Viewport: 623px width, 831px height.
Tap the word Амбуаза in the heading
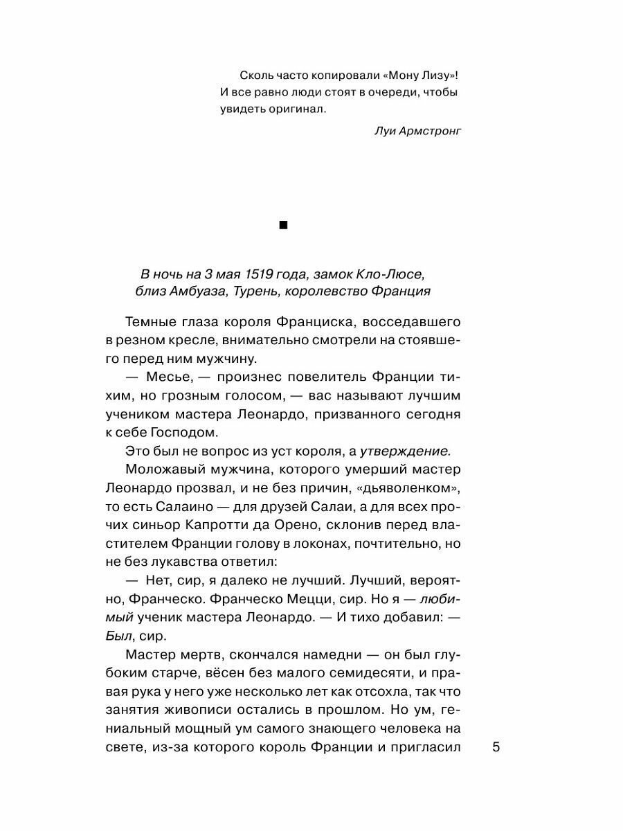(195, 292)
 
